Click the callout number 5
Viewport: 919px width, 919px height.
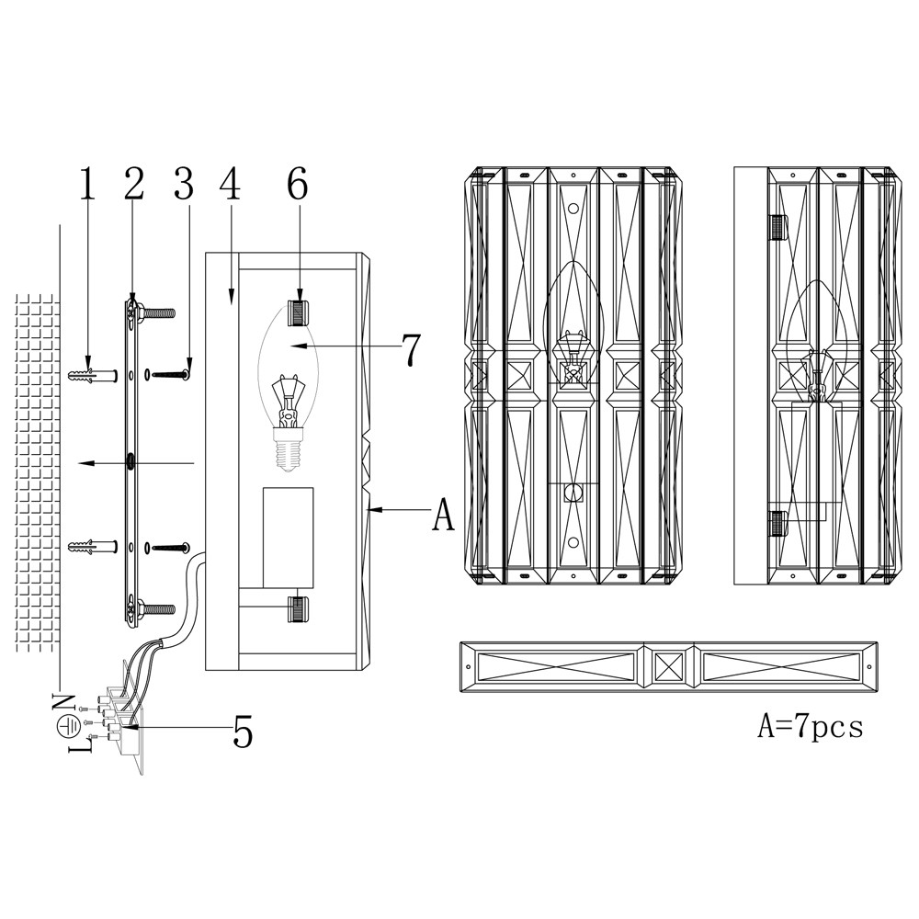coord(243,732)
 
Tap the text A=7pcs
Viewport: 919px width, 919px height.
coord(810,727)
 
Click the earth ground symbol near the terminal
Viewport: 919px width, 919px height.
coord(67,726)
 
